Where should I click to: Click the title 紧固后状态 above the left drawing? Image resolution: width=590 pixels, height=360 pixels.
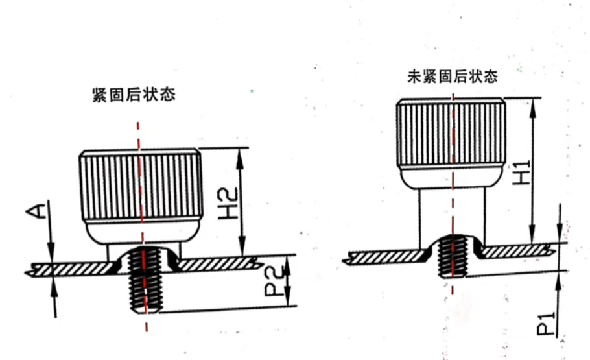(134, 95)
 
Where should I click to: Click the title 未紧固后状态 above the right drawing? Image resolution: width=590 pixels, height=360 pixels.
(453, 77)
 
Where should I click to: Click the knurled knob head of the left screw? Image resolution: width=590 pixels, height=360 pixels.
(139, 185)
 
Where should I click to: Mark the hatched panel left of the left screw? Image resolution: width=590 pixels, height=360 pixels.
(71, 267)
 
